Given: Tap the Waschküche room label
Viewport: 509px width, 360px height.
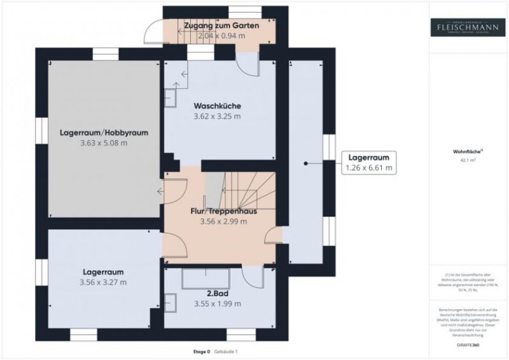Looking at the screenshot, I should pos(217,106).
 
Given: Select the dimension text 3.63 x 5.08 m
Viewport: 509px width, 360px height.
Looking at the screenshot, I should pos(104,143).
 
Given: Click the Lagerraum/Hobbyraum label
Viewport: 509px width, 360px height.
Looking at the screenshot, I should pos(104,133).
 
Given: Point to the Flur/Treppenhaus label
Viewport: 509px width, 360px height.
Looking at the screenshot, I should pos(219,211).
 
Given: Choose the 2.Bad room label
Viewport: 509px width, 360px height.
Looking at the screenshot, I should pos(217,293).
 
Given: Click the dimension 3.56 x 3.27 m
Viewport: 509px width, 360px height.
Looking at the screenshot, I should pos(103,282).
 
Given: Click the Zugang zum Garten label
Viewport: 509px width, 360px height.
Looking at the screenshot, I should pos(220,25).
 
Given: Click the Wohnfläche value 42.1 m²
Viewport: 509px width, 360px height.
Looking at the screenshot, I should pos(468,161).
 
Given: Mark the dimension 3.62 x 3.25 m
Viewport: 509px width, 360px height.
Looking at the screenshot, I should pos(217,116).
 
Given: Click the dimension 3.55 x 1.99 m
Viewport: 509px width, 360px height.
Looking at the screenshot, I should pos(217,304).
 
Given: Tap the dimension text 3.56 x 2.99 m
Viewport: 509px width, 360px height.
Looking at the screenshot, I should pos(219,222).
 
